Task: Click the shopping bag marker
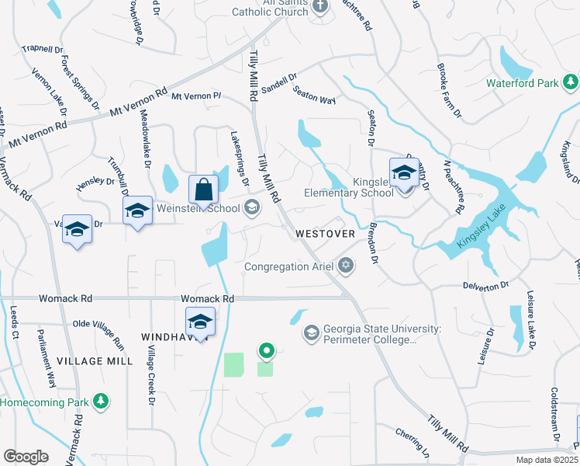pyautogui.click(x=203, y=189)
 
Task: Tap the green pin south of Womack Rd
pyautogui.click(x=267, y=352)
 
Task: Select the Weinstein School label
pyautogui.click(x=198, y=207)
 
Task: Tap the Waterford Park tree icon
pyautogui.click(x=571, y=82)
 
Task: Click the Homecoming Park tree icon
pyautogui.click(x=100, y=402)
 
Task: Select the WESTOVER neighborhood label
pyautogui.click(x=325, y=233)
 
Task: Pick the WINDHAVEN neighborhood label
pyautogui.click(x=167, y=336)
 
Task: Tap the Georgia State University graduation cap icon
pyautogui.click(x=312, y=332)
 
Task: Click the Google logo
pyautogui.click(x=26, y=456)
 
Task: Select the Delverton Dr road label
pyautogui.click(x=485, y=286)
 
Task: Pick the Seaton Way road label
pyautogui.click(x=314, y=96)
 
